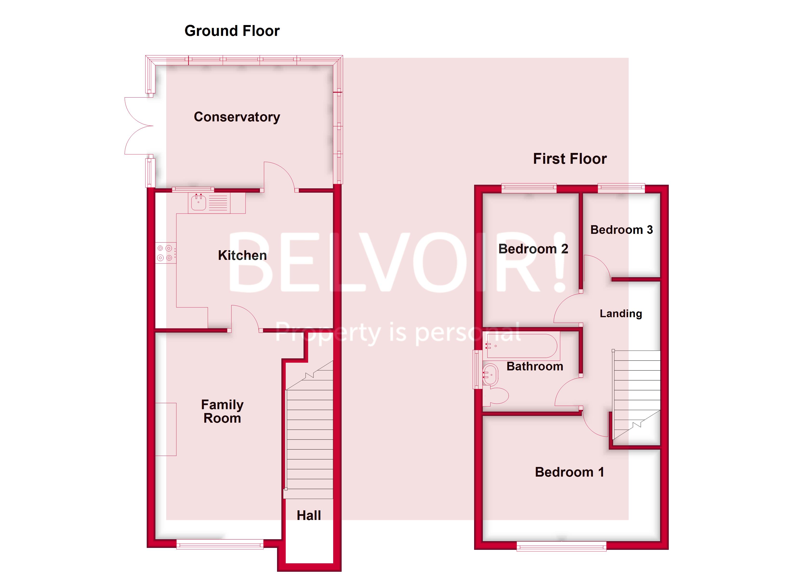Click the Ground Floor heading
tap(232, 31)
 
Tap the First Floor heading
tap(570, 159)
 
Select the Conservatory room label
tap(237, 117)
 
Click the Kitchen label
tap(242, 255)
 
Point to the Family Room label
tap(222, 411)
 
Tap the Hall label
tap(308, 515)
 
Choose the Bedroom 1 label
tap(569, 472)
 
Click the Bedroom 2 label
tap(533, 249)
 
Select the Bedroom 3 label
tap(621, 230)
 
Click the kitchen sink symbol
tap(199, 203)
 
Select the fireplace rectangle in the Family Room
tap(166, 429)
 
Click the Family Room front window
tap(220, 544)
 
